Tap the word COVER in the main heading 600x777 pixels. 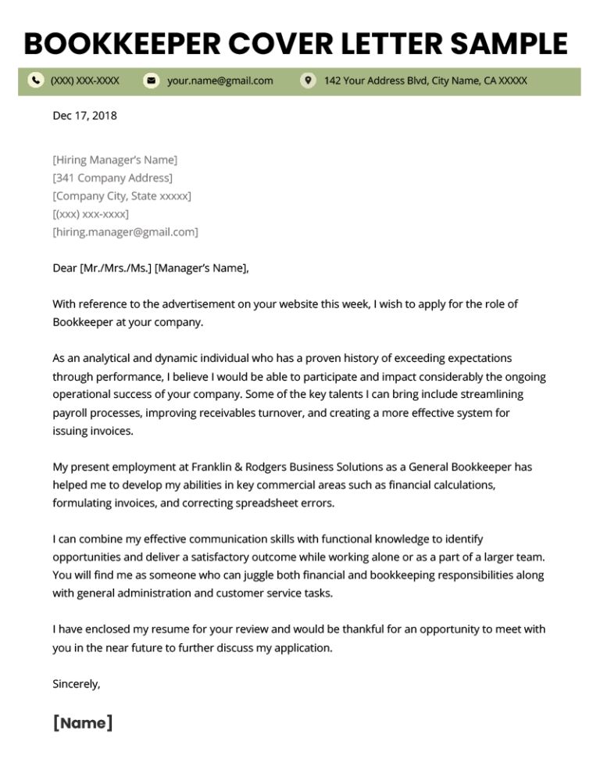tap(270, 43)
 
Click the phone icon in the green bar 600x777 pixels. tap(36, 81)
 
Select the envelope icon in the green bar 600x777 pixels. tap(152, 81)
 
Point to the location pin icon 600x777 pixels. tap(309, 81)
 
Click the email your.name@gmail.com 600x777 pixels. tap(220, 81)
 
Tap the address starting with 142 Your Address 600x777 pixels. tap(425, 81)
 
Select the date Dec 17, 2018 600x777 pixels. tap(84, 116)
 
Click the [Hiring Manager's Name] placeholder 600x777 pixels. tap(115, 160)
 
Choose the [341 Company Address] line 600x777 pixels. tap(112, 178)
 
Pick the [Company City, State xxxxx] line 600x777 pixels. tap(121, 196)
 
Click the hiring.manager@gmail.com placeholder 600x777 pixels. tap(125, 232)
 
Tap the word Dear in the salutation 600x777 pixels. tap(65, 268)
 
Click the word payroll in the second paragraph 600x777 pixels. tap(70, 413)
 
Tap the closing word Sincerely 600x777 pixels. tap(77, 684)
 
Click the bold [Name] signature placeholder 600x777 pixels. tap(83, 723)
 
